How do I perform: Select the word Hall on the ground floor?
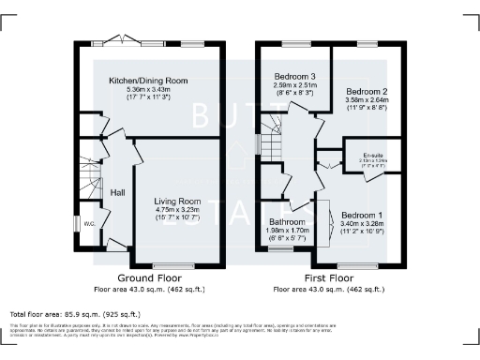tap(118, 192)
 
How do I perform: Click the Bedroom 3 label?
tap(293, 76)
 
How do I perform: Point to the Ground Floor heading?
tap(149, 279)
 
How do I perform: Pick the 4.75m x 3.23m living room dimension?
tap(177, 210)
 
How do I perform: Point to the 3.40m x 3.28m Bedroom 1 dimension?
tap(362, 224)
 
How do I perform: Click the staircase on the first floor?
tap(271, 141)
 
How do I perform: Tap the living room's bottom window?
tap(178, 265)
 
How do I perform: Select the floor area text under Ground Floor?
tap(149, 290)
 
